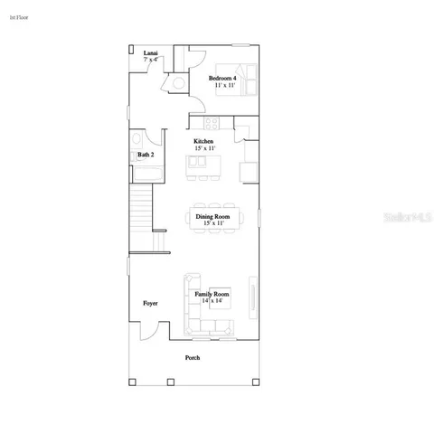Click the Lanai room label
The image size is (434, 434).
point(151,53)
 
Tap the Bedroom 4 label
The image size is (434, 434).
point(222,78)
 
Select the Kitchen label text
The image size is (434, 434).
point(203,142)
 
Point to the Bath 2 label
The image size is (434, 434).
point(146,155)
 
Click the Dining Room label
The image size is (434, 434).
point(212,217)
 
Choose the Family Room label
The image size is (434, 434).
point(212,295)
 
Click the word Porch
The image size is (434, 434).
point(193,358)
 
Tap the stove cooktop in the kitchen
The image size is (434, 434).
point(212,124)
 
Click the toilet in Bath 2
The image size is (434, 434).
point(137,140)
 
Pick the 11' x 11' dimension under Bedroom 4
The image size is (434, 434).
point(222,85)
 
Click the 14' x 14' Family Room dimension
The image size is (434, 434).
point(212,301)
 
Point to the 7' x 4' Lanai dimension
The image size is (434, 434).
point(151,61)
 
